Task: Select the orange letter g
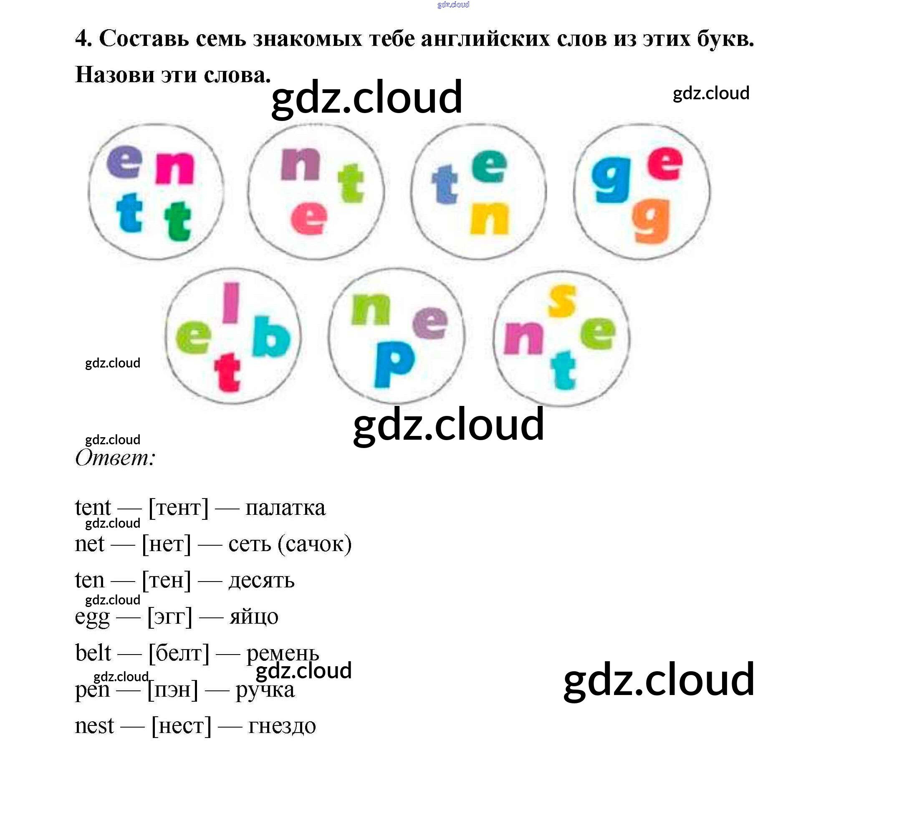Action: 651,221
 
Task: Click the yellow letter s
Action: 561,301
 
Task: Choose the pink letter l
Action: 231,302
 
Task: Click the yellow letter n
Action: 490,218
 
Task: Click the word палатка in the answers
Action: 285,508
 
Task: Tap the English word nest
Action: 94,725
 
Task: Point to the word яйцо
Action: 254,617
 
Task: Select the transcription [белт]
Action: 179,653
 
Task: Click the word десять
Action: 262,580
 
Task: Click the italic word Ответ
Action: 115,458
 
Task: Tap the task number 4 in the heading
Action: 83,38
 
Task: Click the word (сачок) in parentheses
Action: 314,544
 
